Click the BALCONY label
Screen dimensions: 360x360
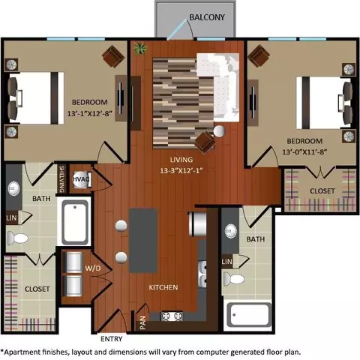[207, 17]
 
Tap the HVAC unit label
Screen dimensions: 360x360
[81, 179]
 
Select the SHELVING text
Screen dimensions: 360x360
[61, 179]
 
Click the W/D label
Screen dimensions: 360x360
[93, 268]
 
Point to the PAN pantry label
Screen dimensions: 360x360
[142, 322]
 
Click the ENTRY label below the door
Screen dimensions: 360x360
[112, 339]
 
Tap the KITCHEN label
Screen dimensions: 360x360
[163, 287]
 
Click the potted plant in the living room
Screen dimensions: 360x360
[140, 48]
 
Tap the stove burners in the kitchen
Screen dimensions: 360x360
[172, 316]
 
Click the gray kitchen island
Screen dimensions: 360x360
[143, 241]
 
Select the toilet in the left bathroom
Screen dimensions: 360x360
[17, 238]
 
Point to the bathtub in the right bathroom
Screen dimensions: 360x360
[250, 315]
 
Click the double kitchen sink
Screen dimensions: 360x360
[202, 274]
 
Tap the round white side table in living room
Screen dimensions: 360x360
[219, 131]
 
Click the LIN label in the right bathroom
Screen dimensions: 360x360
[227, 262]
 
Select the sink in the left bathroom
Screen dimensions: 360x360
[13, 188]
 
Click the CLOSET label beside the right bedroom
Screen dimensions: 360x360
[322, 191]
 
